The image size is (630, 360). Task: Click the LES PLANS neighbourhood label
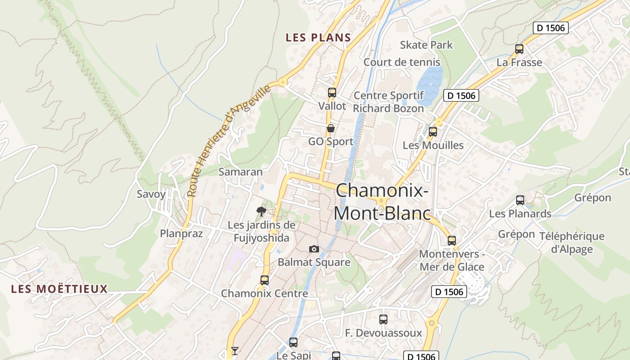(318, 38)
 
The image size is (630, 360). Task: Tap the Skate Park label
(426, 45)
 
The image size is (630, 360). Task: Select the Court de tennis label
(402, 62)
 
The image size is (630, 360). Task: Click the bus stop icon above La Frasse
(519, 49)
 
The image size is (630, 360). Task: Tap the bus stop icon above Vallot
(332, 93)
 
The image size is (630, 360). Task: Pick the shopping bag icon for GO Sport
(330, 128)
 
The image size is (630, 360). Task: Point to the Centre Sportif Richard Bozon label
(388, 102)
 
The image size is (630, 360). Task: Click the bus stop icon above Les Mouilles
(433, 132)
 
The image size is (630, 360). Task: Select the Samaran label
(240, 171)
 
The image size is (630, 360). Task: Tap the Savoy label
(151, 194)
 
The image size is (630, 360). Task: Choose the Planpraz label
(181, 234)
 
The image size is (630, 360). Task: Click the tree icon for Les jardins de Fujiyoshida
(261, 211)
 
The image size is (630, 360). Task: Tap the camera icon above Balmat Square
(314, 249)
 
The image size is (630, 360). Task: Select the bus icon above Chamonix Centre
(265, 280)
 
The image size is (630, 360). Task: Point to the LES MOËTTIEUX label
(59, 289)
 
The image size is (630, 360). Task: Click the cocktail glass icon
(234, 351)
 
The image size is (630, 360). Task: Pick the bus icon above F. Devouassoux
(383, 319)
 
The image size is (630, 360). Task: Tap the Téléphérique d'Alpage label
(571, 243)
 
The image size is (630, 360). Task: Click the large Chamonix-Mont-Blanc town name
(382, 202)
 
